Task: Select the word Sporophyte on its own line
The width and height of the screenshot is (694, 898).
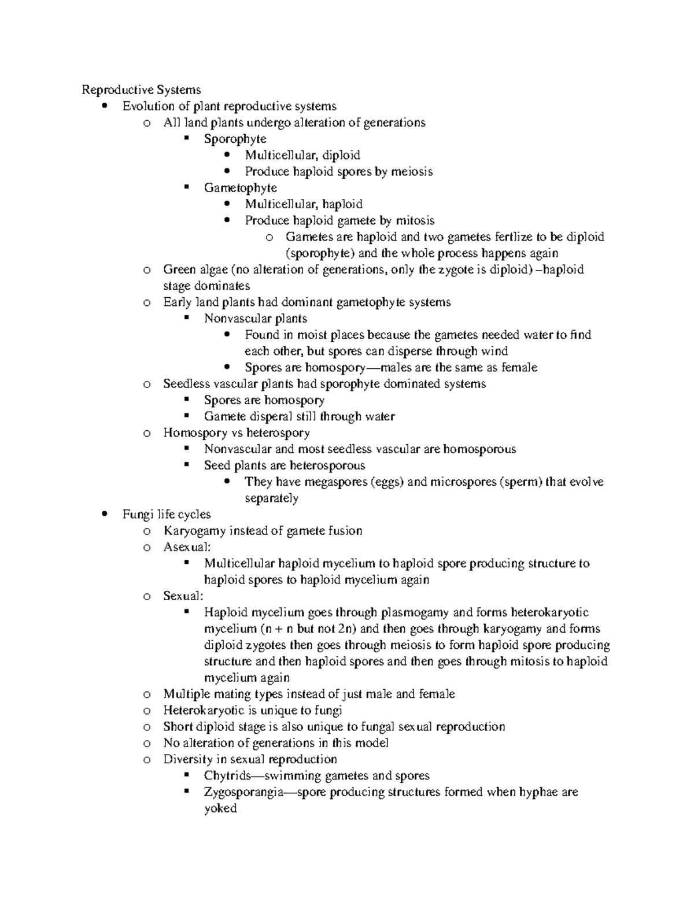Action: (235, 139)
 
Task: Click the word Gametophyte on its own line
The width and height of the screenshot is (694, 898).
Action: (240, 188)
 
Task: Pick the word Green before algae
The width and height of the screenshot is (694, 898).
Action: (180, 269)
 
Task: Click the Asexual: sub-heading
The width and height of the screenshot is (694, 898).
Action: (187, 547)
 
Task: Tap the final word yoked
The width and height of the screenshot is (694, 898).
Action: (220, 808)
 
